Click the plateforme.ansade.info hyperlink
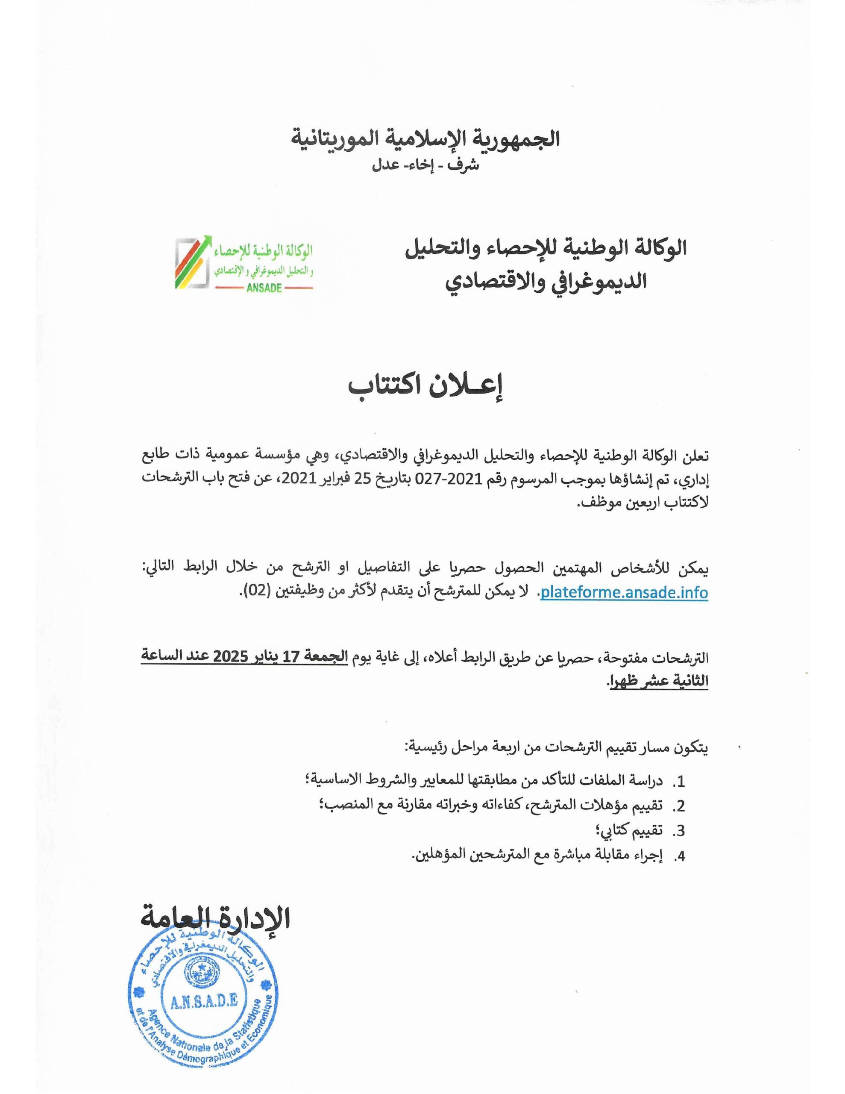coord(624,593)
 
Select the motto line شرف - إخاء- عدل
coord(425,165)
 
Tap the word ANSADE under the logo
coord(264,288)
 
